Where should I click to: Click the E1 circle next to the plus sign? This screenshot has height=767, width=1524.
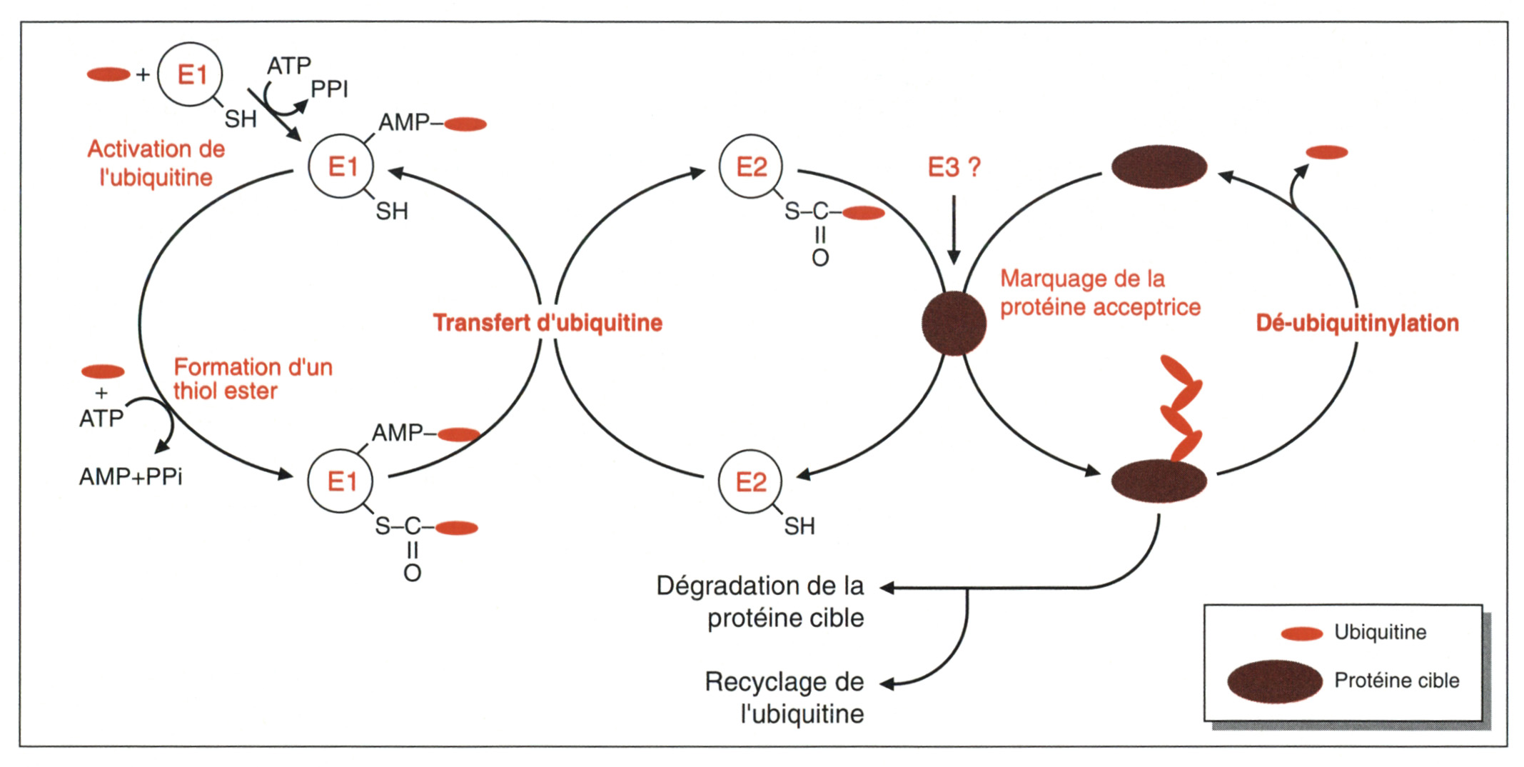pos(190,74)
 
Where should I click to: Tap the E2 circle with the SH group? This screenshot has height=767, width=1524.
pos(750,482)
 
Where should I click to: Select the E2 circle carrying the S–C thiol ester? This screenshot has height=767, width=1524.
pos(751,167)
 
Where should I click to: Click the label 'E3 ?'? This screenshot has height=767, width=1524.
pos(954,167)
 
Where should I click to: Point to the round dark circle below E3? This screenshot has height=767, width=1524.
pos(954,323)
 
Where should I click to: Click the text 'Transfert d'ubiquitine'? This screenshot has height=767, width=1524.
pos(547,323)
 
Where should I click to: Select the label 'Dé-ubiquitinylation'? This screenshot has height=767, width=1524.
pos(1357,323)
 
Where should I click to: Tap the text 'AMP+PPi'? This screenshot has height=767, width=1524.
pos(131,476)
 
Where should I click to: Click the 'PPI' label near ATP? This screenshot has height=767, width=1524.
pos(329,89)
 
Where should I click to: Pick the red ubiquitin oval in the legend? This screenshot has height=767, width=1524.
pos(1302,633)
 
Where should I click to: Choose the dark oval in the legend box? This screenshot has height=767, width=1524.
pos(1275,681)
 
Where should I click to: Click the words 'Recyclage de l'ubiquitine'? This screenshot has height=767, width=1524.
pos(784,698)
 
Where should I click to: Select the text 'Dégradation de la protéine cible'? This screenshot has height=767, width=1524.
pos(760,601)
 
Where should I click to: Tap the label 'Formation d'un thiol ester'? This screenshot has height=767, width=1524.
pos(253,379)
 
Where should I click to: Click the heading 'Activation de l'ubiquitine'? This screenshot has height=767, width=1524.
pos(156,163)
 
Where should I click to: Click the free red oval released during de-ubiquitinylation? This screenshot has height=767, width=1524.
pos(1326,152)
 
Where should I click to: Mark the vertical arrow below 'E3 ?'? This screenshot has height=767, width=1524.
pos(954,229)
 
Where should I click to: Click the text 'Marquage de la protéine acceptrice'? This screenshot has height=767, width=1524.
pos(1100,293)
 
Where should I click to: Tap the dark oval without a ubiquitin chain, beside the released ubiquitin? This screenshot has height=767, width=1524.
pos(1159,167)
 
